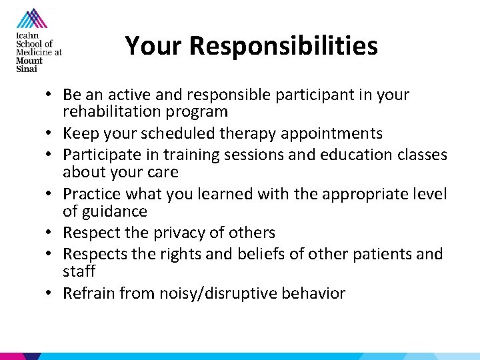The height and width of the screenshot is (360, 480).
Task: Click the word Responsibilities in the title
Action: point(283,47)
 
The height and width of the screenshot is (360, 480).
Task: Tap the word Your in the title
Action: point(155,46)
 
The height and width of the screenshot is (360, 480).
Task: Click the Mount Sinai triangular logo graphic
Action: point(31,20)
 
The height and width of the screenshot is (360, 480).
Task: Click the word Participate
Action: point(99,155)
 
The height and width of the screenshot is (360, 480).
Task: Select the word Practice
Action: point(90,194)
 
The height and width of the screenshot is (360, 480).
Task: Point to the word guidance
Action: point(115,211)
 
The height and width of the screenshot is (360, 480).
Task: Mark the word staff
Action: point(79,271)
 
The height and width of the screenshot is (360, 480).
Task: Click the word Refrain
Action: point(87,293)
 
